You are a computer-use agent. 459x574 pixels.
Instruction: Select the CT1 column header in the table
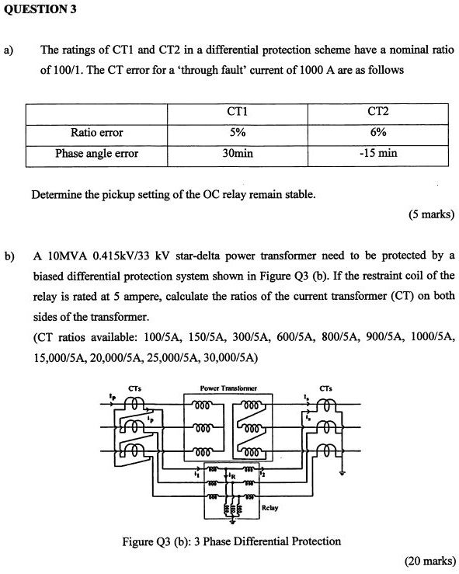click(237, 112)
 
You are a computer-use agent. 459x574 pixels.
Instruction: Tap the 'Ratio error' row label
click(96, 132)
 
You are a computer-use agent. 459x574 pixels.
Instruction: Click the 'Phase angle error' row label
click(96, 153)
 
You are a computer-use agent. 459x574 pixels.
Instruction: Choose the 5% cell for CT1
click(237, 132)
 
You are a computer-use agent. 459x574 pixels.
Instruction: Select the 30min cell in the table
click(237, 153)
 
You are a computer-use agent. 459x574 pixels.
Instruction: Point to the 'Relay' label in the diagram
click(270, 509)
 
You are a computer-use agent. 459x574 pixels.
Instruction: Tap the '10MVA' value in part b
click(71, 256)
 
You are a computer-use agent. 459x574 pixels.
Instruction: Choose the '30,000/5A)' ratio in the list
click(230, 357)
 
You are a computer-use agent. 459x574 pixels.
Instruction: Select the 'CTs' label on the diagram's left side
click(134, 388)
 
